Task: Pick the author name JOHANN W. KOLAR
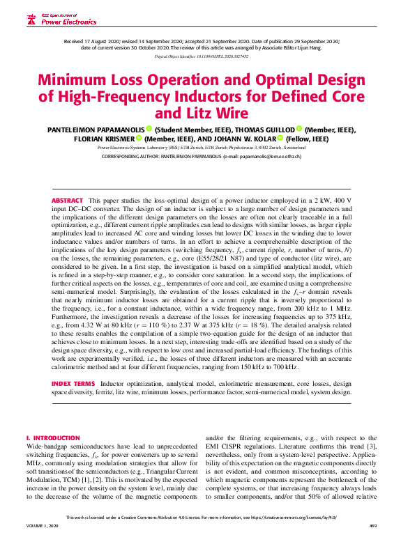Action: [241, 139]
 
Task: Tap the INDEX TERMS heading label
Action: [74, 384]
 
